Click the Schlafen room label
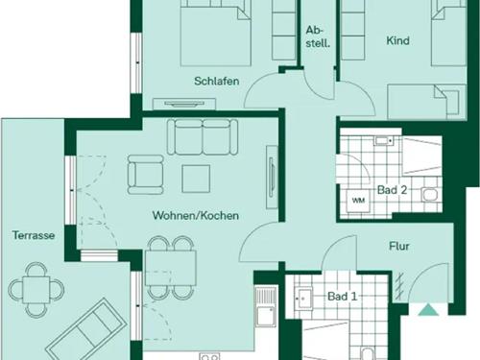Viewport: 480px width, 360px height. tap(217, 81)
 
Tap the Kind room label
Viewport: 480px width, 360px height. tap(397, 40)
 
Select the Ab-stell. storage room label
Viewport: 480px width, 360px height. tap(318, 36)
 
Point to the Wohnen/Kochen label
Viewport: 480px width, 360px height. tap(196, 215)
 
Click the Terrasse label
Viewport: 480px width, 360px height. tap(34, 235)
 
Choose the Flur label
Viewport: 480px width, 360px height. tap(399, 246)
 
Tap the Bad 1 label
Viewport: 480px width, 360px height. tap(342, 296)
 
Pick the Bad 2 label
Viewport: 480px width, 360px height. tap(392, 190)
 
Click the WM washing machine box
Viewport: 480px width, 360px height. tap(358, 201)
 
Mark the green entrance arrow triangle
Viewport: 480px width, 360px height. tap(428, 310)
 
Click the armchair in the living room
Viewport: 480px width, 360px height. tap(146, 175)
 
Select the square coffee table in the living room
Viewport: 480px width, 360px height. tap(196, 179)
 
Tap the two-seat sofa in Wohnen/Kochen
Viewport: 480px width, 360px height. tap(203, 137)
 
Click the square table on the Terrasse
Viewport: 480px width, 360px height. tap(36, 290)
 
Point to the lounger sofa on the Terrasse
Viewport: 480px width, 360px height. tap(85, 329)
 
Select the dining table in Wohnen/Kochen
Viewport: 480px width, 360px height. tap(171, 268)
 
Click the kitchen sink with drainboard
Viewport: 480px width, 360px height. tap(265, 307)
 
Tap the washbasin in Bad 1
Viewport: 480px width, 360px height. tap(303, 300)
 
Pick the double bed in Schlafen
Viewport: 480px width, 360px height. tap(215, 33)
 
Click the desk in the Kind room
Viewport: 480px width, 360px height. tap(426, 102)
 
